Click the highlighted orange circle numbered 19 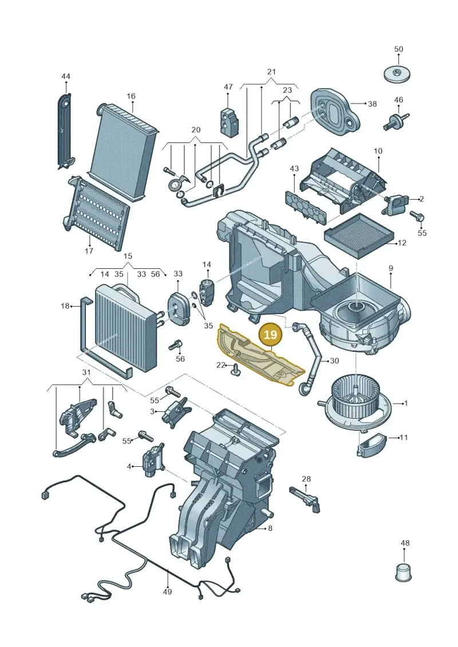coord(270,334)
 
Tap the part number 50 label coord(398,49)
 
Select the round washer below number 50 coord(398,75)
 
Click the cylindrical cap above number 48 coord(402,571)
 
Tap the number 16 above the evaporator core coord(131,97)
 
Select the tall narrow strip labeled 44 coord(65,130)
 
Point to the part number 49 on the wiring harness coord(168,592)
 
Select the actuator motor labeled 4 coord(152,461)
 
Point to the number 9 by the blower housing coord(390,268)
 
